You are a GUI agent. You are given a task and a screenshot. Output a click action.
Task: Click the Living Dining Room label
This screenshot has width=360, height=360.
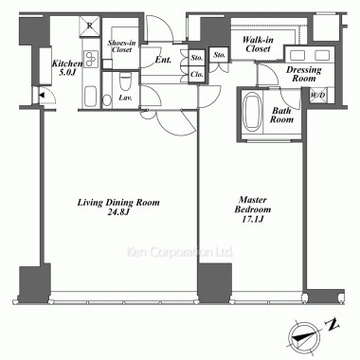(118, 203)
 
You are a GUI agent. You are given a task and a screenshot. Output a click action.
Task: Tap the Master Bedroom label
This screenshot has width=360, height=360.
(253, 205)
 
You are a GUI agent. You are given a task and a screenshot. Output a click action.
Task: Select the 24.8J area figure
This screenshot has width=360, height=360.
(118, 212)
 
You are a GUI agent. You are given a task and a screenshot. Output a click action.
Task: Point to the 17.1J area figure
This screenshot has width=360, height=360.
(253, 219)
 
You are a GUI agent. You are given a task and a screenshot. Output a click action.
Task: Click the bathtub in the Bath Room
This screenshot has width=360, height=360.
(253, 112)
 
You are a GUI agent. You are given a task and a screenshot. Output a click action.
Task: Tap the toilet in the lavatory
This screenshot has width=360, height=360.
(125, 81)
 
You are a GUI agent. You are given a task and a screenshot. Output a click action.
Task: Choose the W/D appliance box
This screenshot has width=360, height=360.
(317, 95)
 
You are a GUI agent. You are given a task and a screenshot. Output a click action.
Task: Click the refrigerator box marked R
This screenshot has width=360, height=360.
(90, 26)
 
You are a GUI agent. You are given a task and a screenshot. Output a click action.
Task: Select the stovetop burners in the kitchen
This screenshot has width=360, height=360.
(91, 59)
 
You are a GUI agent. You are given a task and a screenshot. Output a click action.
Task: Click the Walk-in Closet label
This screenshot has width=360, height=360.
(258, 45)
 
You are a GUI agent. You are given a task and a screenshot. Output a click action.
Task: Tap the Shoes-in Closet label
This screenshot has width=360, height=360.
(121, 46)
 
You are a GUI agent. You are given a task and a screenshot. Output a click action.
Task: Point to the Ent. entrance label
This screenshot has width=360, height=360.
(163, 60)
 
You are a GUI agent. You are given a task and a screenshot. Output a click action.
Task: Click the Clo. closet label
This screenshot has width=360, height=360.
(197, 75)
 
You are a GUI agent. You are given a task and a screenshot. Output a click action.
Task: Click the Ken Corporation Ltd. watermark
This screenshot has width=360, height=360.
(180, 252)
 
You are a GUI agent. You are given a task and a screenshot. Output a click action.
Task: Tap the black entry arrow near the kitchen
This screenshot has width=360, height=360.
(42, 95)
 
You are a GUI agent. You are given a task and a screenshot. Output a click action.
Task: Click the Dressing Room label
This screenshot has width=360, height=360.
(303, 74)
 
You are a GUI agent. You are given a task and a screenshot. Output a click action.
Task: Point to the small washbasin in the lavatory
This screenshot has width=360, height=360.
(107, 100)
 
